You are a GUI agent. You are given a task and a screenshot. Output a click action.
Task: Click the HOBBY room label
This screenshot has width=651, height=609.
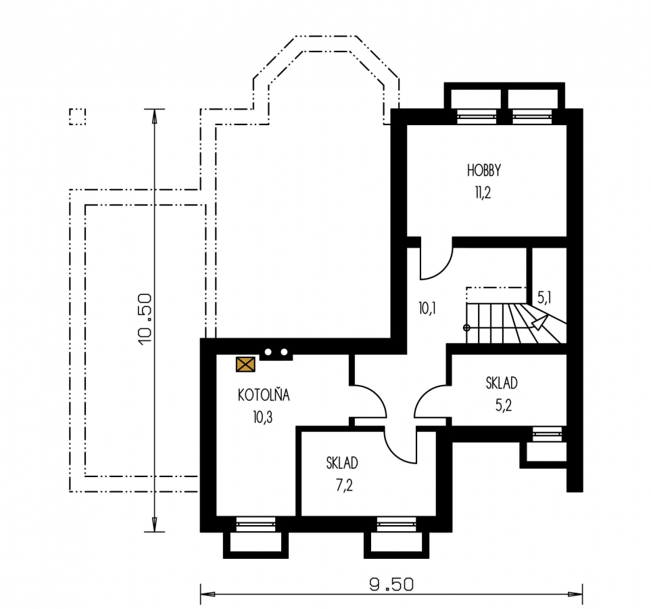tap(483, 171)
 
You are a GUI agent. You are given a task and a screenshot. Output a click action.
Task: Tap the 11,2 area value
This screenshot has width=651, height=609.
tap(483, 192)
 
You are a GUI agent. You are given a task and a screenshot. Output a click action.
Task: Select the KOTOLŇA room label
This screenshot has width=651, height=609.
tap(264, 394)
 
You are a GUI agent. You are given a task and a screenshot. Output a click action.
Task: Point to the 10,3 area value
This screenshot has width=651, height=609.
tap(263, 417)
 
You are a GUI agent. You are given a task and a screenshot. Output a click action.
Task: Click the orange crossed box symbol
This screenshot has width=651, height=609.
tap(245, 365)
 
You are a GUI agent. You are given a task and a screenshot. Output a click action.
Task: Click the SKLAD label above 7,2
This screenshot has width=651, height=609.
tap(342, 463)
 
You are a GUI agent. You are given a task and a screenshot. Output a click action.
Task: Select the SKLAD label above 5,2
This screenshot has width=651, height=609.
tap(502, 383)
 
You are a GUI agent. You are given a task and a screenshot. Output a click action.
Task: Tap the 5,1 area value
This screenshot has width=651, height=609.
tap(544, 297)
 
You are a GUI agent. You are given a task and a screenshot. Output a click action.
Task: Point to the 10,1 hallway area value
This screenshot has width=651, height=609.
tap(427, 309)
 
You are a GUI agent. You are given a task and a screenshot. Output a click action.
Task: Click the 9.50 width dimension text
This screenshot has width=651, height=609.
tap(391, 585)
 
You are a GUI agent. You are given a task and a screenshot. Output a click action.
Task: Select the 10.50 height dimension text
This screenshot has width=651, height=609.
tap(146, 319)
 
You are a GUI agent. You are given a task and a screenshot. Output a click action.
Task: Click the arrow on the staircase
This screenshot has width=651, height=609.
tap(539, 323)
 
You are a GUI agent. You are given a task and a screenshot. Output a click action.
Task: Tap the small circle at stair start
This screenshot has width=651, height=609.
tap(466, 328)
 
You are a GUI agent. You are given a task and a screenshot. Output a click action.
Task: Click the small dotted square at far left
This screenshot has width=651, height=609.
tap(77, 117)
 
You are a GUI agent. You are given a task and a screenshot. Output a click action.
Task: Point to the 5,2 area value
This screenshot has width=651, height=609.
tap(503, 405)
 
